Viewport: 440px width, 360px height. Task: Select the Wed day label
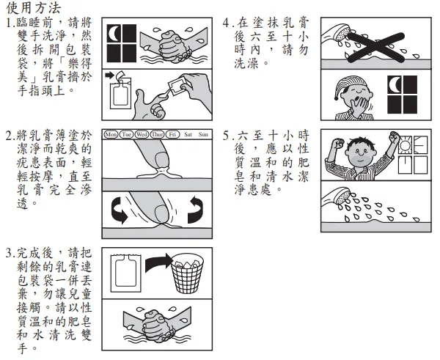coord(142,135)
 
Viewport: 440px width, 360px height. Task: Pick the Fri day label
coord(172,135)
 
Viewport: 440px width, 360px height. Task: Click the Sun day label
coord(203,135)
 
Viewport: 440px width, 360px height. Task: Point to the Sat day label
coord(188,135)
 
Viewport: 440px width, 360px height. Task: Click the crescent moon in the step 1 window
coord(114,34)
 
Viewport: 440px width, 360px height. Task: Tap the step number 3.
coord(8,253)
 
